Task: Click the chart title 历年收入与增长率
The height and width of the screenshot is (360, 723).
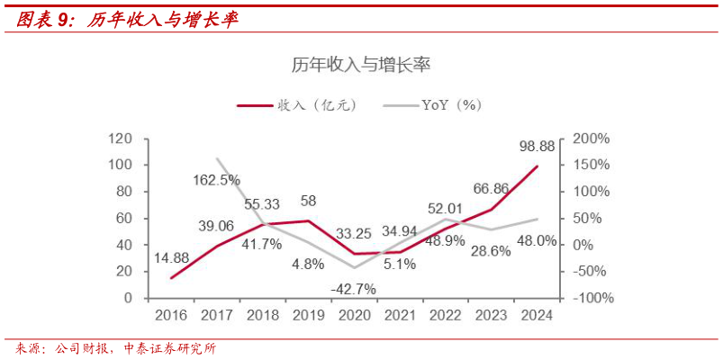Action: click(x=362, y=64)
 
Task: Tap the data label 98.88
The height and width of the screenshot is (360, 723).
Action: click(x=538, y=145)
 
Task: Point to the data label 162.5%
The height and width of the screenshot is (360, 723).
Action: click(x=216, y=180)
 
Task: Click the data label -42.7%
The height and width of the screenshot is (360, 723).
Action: click(x=353, y=289)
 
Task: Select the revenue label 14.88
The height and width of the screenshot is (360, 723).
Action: click(x=171, y=258)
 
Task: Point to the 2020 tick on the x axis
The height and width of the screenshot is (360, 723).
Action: click(x=353, y=315)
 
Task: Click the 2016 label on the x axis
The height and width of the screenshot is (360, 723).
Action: click(x=171, y=315)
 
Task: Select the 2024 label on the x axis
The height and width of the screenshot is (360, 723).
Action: click(x=537, y=315)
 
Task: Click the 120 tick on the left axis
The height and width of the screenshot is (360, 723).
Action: click(x=120, y=139)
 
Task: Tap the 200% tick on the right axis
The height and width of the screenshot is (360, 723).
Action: click(x=591, y=139)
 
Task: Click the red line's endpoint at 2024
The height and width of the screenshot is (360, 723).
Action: click(x=538, y=166)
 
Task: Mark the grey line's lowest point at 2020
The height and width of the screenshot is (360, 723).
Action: click(x=354, y=267)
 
